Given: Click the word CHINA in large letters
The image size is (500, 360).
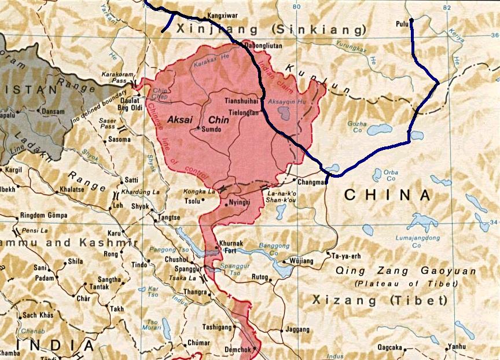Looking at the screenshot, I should click(x=387, y=196).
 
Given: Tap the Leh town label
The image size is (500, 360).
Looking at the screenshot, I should click(x=118, y=205).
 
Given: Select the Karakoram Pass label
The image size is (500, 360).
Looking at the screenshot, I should click(x=117, y=78).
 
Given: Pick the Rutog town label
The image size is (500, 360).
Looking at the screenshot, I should click(x=259, y=277).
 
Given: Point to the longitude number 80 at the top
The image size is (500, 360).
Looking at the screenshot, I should click(x=297, y=6).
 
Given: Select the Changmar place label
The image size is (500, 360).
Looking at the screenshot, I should click(x=311, y=181).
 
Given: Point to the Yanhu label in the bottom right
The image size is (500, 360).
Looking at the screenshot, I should click(x=456, y=347).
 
